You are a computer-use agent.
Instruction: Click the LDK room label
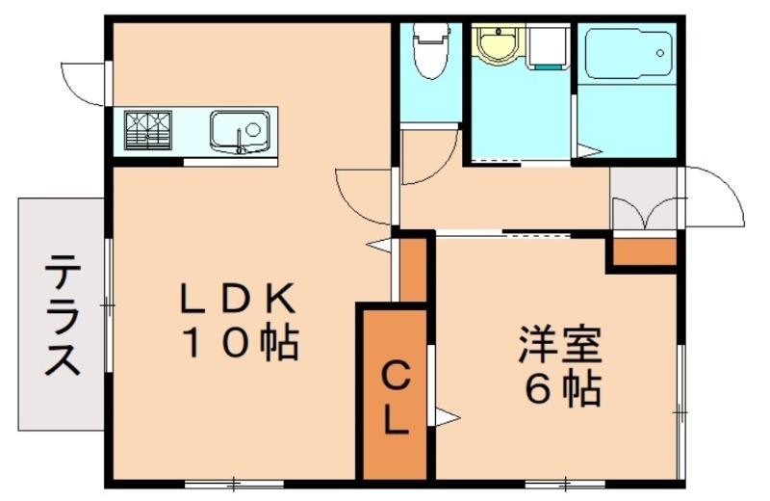point(237,300)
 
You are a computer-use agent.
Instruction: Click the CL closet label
point(396,398)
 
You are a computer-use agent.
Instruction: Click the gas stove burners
point(148,131)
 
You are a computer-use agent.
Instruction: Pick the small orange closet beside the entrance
point(643,251)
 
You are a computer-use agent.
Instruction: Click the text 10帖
point(237,342)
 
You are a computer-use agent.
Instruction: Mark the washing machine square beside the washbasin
point(547,47)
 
